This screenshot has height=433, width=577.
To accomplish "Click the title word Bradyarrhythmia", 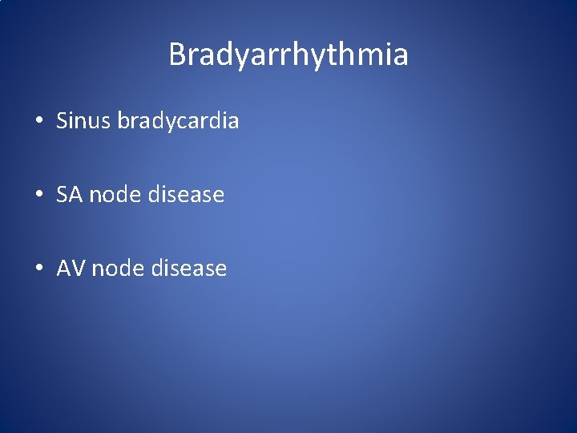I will (288, 55).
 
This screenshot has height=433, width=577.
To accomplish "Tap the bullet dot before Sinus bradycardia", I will (38, 121).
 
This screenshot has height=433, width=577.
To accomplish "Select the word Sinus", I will (83, 120).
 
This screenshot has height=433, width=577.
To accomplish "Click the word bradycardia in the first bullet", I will (178, 121).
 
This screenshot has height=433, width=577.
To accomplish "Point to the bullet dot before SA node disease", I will (38, 195).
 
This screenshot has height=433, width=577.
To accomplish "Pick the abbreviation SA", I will (70, 194).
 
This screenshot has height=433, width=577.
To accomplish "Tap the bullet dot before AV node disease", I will (38, 269).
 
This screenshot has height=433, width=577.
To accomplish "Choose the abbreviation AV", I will (71, 268).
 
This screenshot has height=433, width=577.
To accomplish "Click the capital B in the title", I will (178, 55).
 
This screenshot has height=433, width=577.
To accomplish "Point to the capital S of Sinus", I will (62, 120).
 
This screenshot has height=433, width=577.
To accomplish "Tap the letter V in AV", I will (78, 268).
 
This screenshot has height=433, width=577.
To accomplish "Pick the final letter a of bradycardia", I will (233, 122).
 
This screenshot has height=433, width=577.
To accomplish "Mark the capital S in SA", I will (63, 194).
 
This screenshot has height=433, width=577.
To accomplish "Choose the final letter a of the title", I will (400, 57).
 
